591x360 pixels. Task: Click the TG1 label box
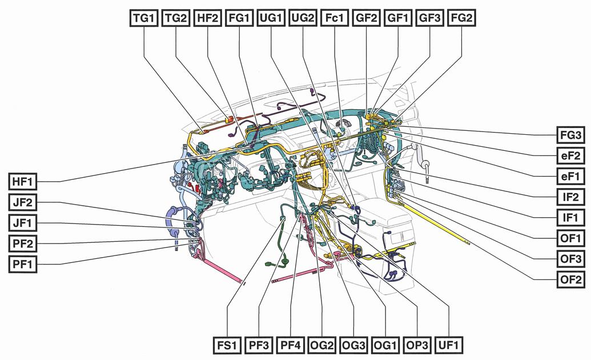(143, 18)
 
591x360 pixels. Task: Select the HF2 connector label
(207, 18)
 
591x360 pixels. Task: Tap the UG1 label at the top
(271, 18)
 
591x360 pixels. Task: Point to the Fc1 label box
(335, 18)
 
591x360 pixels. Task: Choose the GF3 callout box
(430, 18)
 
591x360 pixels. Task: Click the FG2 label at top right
(461, 18)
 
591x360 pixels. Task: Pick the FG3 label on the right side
(570, 135)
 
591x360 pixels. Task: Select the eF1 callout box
(570, 177)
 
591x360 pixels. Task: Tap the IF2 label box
(570, 197)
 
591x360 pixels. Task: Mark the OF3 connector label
(570, 259)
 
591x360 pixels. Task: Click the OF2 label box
(570, 279)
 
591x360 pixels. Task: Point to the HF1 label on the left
(23, 182)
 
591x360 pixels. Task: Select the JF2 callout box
(23, 203)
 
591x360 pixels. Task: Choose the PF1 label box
(23, 265)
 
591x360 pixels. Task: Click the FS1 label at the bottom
(227, 346)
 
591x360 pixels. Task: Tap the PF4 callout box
(291, 346)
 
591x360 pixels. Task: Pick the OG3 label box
(354, 346)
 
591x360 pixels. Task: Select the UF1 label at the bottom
(449, 346)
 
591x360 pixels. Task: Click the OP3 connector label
(417, 346)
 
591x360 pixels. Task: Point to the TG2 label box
(175, 18)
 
